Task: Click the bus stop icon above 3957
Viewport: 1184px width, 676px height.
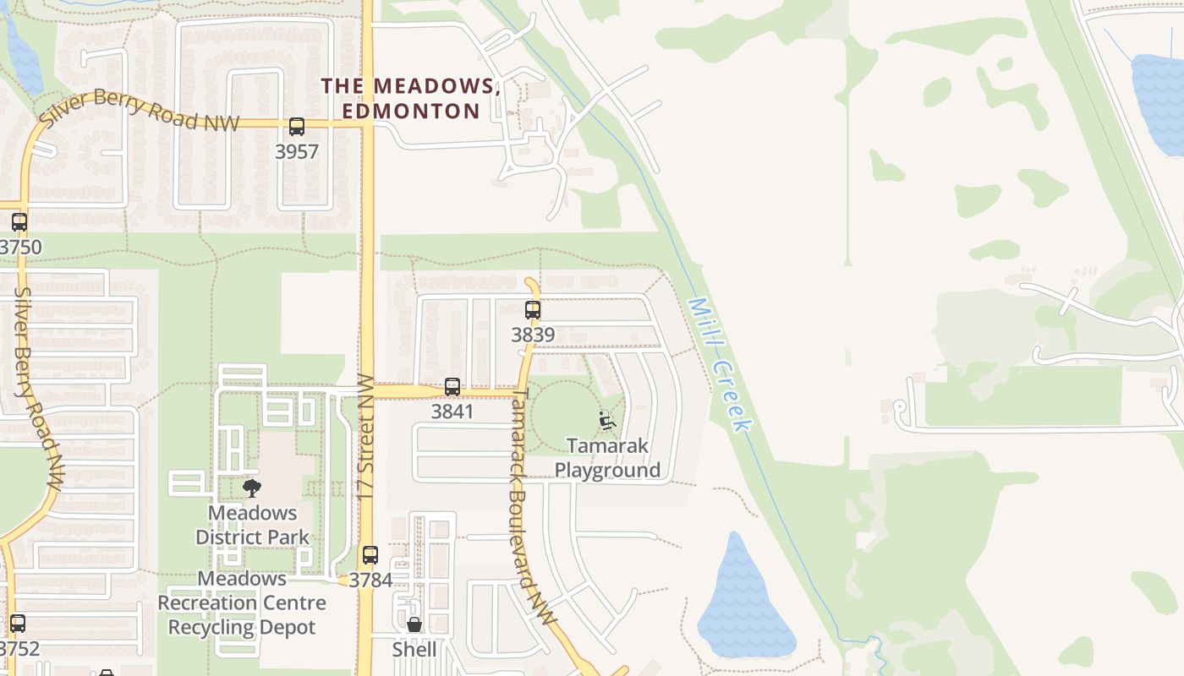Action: [296, 127]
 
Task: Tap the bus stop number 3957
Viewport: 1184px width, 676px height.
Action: [297, 152]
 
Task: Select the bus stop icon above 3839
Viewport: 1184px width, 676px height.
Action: [532, 310]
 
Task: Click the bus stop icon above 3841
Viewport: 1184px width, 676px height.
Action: [452, 387]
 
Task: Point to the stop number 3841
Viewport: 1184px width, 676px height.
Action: [452, 412]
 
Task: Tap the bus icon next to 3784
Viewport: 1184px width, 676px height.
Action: [370, 555]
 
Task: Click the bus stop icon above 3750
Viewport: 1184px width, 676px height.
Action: [19, 223]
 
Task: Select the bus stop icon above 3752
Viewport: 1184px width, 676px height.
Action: [18, 624]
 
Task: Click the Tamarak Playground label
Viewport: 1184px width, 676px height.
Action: [607, 458]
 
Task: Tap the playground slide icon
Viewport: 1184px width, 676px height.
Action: [607, 420]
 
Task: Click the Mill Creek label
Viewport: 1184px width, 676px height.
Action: [719, 365]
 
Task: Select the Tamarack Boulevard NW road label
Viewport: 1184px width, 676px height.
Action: [533, 507]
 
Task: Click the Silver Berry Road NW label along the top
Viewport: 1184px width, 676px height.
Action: [140, 111]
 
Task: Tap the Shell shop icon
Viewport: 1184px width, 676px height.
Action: [414, 624]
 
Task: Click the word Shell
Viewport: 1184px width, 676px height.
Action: [414, 649]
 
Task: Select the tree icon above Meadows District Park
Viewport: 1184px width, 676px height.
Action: [251, 488]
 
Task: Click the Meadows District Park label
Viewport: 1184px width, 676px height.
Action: [252, 525]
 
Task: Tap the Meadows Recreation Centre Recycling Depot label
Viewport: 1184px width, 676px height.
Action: [242, 602]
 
